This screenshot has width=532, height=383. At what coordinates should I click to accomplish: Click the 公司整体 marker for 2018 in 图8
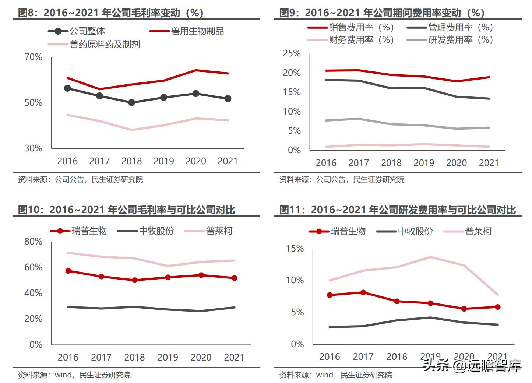click(x=131, y=102)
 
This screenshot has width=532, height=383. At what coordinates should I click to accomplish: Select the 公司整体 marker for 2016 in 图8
click(x=67, y=88)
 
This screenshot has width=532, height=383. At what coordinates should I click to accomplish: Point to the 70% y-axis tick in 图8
click(x=33, y=57)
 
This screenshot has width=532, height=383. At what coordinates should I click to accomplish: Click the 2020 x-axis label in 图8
click(x=195, y=161)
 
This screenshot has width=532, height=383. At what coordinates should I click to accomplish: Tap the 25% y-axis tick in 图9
click(x=292, y=53)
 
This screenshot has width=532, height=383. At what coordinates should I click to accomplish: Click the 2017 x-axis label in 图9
click(x=359, y=163)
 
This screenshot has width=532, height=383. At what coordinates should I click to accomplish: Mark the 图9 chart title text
click(x=382, y=13)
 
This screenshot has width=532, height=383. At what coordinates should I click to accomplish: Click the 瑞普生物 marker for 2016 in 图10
click(x=68, y=271)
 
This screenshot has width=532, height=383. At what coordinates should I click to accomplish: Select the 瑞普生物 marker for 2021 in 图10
click(x=234, y=278)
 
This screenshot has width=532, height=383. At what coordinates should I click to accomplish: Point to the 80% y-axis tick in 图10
click(x=33, y=242)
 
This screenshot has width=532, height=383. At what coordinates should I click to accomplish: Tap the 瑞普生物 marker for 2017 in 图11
click(x=363, y=292)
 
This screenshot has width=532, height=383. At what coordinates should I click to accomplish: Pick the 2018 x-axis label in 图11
click(x=397, y=357)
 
